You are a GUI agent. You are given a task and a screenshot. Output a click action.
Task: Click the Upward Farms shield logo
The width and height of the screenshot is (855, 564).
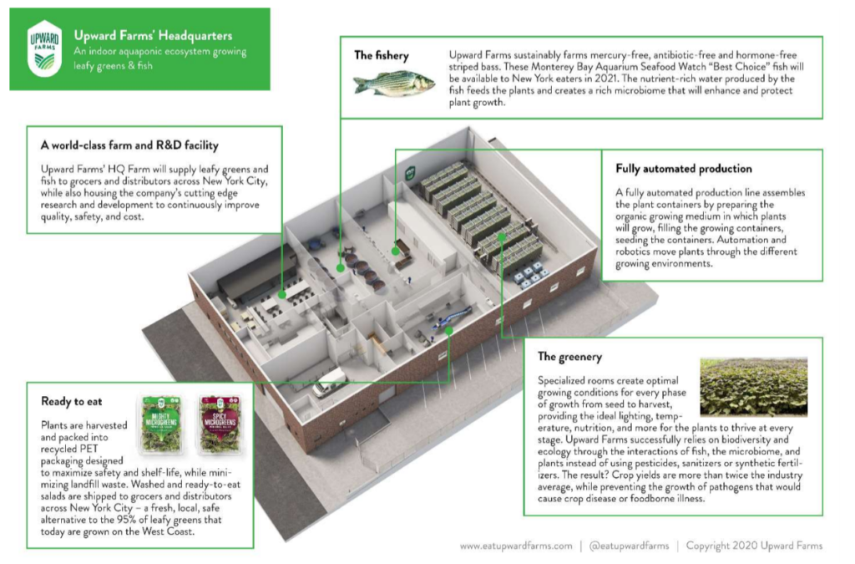[x=45, y=48]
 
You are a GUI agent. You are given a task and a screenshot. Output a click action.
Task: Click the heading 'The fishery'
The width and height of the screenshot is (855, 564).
[x=381, y=55]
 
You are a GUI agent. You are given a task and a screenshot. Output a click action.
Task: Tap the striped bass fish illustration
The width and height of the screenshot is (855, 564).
[x=394, y=84]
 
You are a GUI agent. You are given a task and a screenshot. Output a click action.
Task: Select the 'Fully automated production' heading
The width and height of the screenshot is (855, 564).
[x=684, y=169]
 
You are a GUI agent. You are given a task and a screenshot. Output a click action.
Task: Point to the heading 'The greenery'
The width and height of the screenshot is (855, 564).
[x=569, y=357]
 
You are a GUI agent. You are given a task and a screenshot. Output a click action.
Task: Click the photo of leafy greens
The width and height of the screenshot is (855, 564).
[x=754, y=387]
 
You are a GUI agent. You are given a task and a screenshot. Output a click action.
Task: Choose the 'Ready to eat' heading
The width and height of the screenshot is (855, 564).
[x=72, y=401]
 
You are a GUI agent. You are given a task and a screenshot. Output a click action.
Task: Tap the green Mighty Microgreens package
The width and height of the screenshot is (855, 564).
[x=161, y=424]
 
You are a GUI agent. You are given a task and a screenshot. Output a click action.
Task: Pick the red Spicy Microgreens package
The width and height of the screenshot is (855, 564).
[x=220, y=424]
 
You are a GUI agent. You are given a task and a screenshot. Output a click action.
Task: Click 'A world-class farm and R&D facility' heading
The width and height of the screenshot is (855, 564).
[x=129, y=145]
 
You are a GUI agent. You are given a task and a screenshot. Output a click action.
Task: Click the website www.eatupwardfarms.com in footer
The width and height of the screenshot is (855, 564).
[x=516, y=546]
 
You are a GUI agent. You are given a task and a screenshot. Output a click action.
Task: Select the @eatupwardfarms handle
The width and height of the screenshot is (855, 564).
[x=630, y=546]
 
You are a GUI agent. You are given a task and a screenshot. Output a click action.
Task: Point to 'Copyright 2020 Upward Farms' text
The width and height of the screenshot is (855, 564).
[x=754, y=546]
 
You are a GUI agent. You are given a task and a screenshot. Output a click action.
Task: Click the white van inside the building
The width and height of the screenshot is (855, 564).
[x=329, y=381]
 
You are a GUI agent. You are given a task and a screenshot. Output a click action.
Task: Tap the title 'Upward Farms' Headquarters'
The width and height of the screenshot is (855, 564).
[x=154, y=35]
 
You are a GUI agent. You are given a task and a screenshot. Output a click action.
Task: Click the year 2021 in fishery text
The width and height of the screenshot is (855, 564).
[x=606, y=79]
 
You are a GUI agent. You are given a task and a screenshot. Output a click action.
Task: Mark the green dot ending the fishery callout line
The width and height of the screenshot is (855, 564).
[x=341, y=268]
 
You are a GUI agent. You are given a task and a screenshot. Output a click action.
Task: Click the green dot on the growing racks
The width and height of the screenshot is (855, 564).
[x=502, y=236]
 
